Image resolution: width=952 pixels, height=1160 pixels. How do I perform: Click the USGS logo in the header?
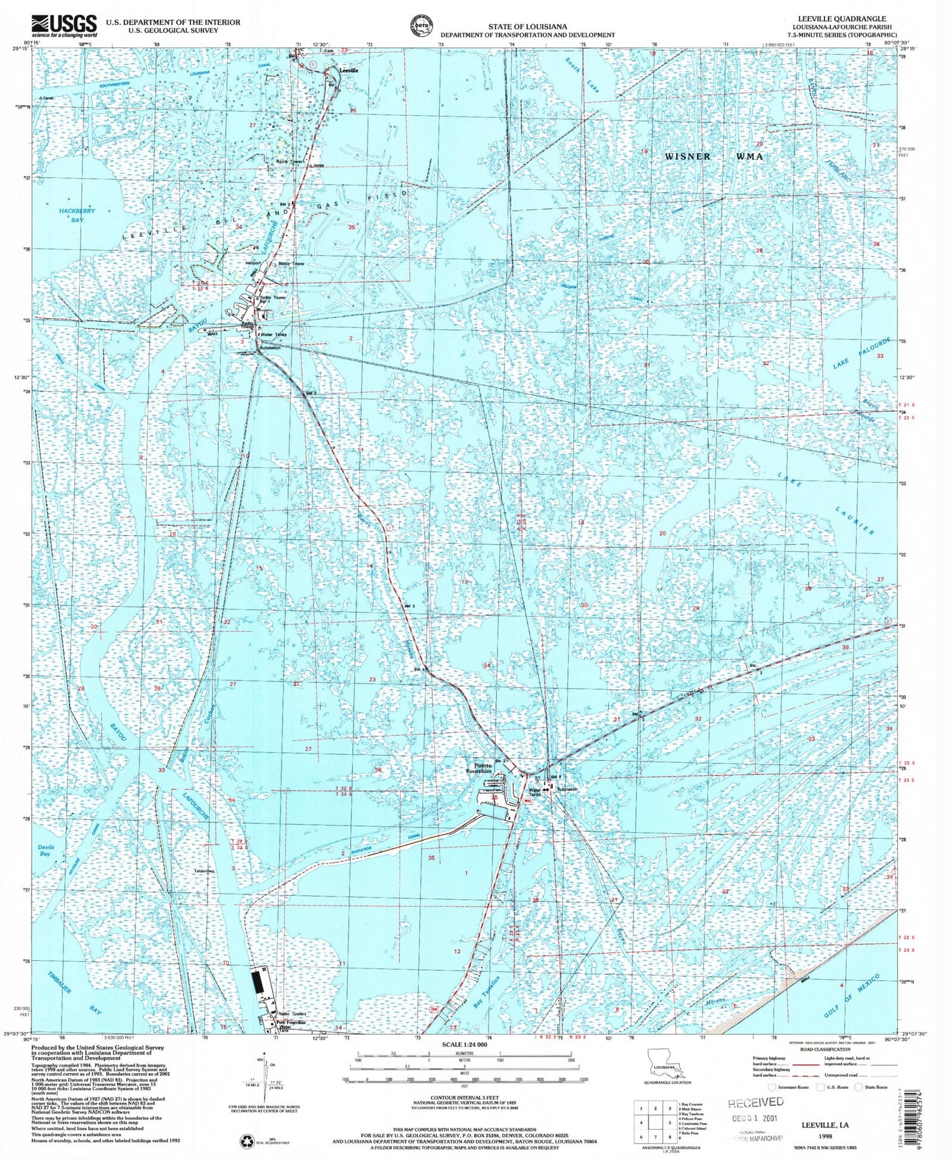click(x=63, y=25)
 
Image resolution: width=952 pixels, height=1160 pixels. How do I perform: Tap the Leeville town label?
click(x=348, y=70)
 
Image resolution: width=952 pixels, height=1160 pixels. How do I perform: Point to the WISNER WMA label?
click(x=713, y=156)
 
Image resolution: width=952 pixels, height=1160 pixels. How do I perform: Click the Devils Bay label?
click(x=46, y=850)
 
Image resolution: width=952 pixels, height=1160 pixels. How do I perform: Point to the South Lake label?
click(x=583, y=77)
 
